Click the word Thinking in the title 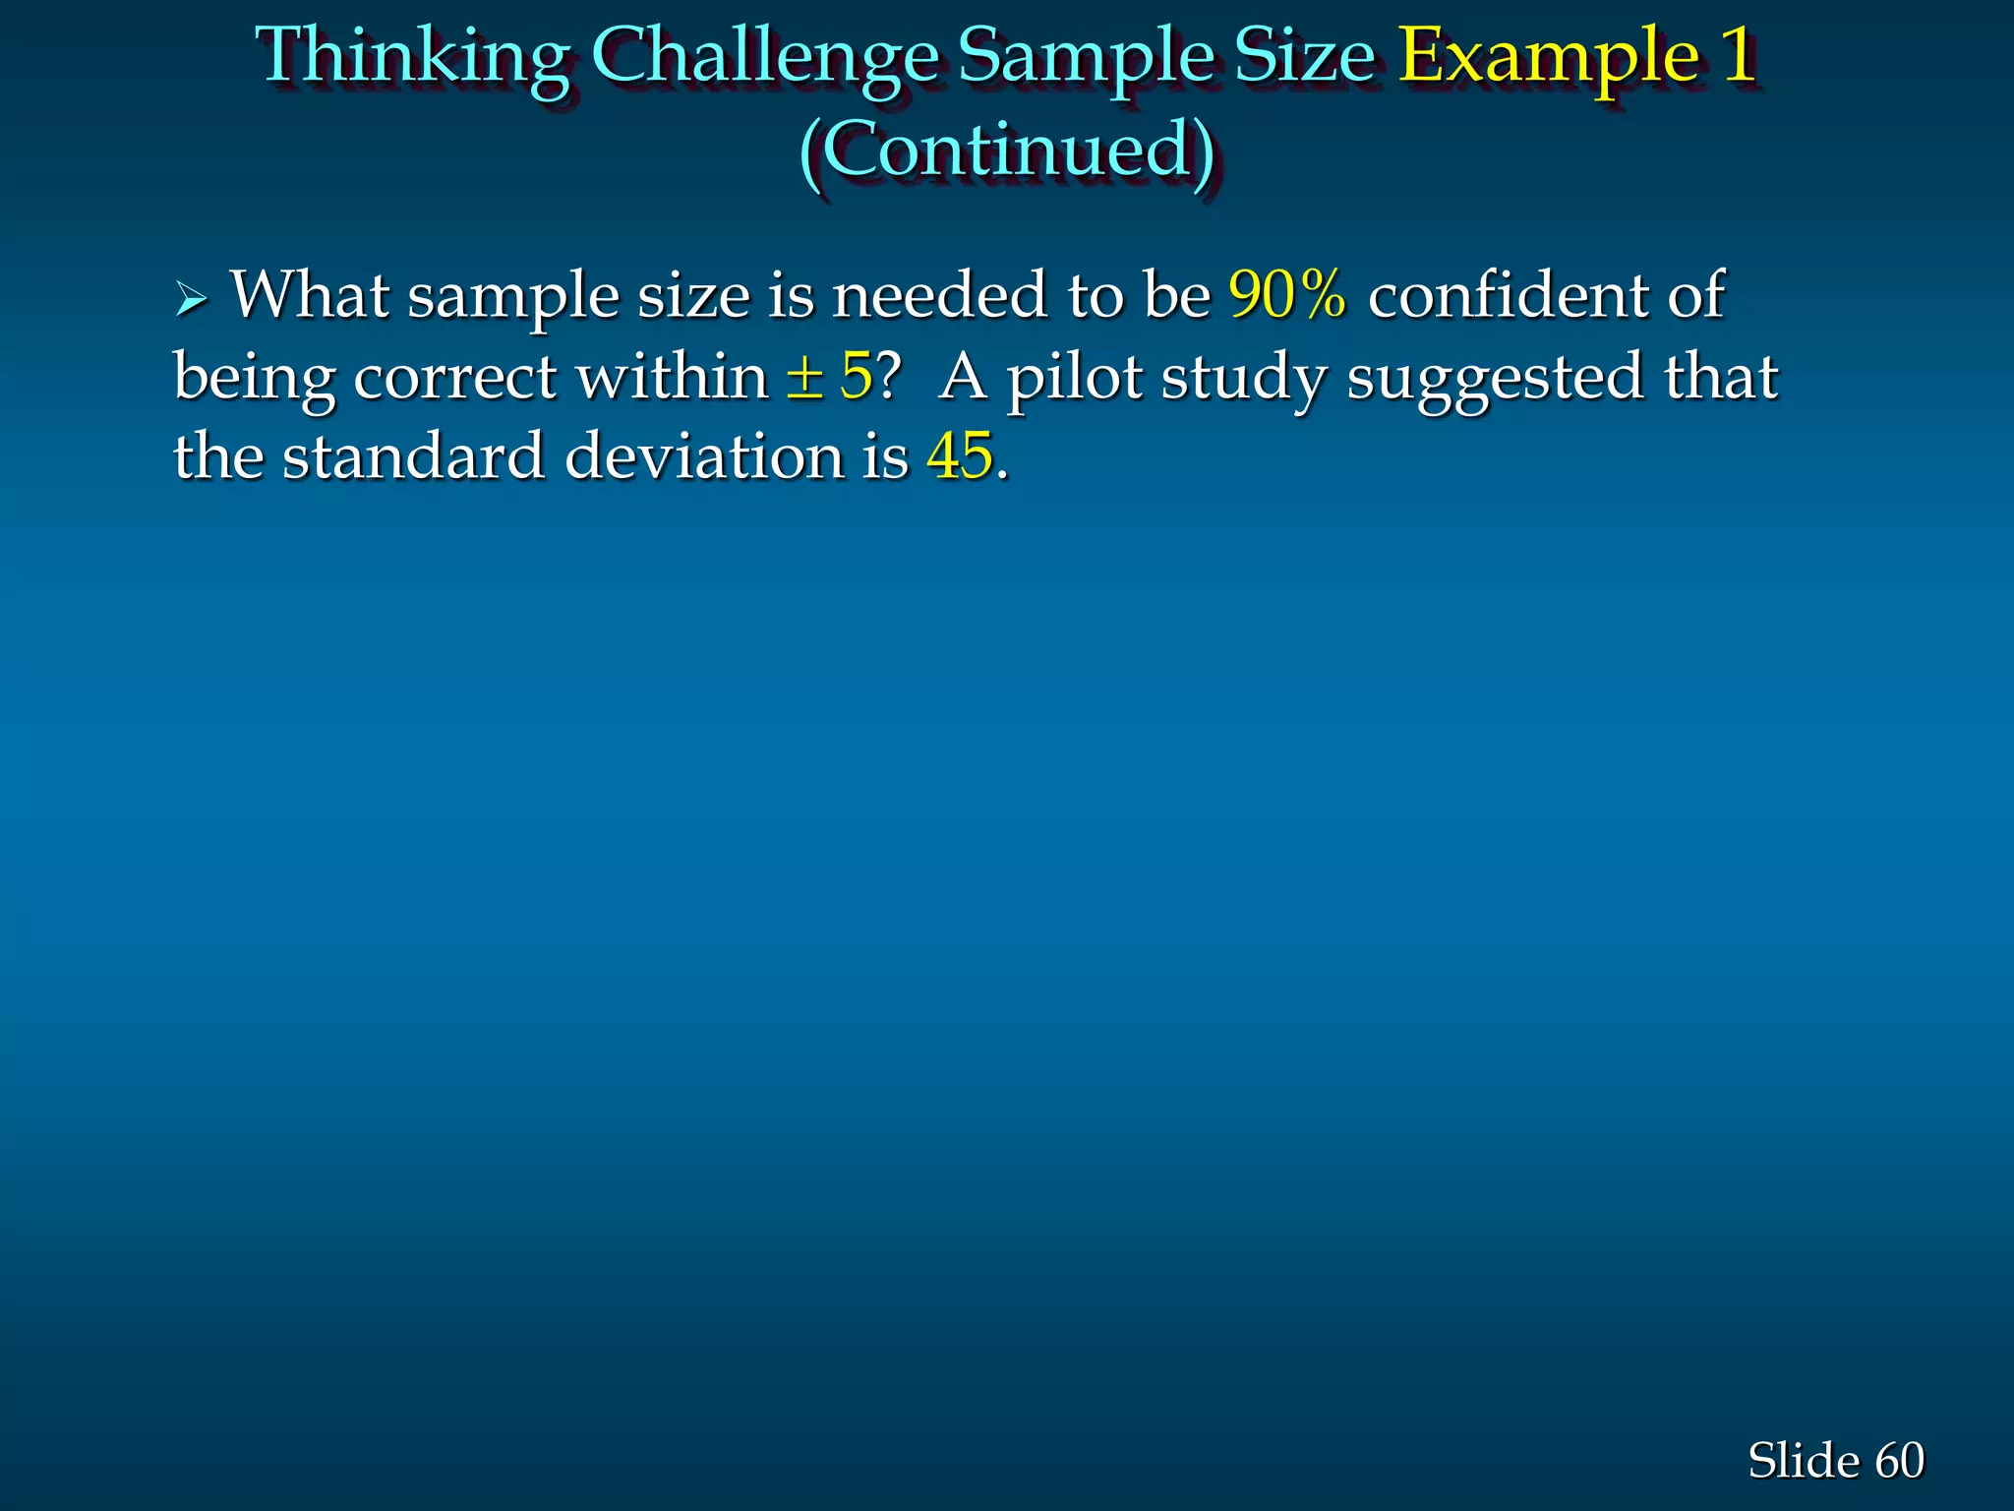point(413,57)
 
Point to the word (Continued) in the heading point(1007,151)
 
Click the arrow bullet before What point(191,297)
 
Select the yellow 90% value point(1287,294)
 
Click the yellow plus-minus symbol point(804,377)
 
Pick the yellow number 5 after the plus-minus point(856,376)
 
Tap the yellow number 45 point(960,456)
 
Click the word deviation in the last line point(704,456)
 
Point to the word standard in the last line point(413,456)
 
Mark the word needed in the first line point(940,294)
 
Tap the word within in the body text point(673,376)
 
